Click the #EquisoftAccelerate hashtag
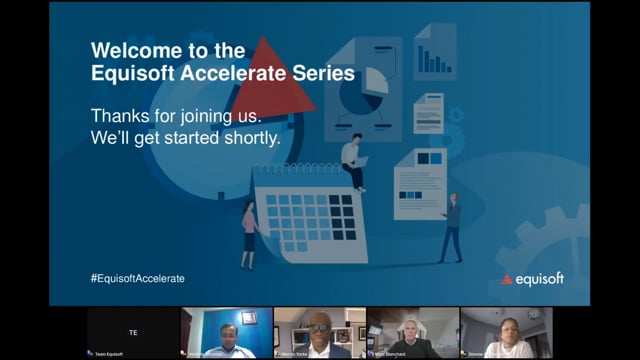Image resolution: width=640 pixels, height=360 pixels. pyautogui.click(x=137, y=278)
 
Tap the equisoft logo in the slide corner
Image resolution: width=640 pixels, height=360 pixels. pyautogui.click(x=532, y=279)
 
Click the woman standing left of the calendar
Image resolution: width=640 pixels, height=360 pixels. pyautogui.click(x=248, y=233)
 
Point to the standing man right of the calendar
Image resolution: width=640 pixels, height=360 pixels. pyautogui.click(x=453, y=227)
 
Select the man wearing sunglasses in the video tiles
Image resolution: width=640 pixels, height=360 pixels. pyautogui.click(x=319, y=336)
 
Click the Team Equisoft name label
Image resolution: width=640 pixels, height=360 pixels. pyautogui.click(x=110, y=353)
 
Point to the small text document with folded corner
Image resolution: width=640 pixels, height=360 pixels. pyautogui.click(x=428, y=113)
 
